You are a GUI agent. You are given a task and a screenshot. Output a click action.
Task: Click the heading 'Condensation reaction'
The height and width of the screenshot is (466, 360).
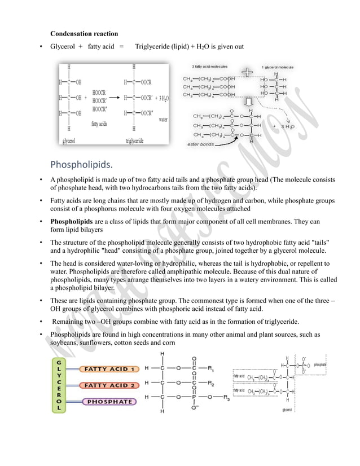(x=84, y=34)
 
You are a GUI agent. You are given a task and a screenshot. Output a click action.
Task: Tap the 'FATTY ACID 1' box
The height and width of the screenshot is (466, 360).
(x=111, y=369)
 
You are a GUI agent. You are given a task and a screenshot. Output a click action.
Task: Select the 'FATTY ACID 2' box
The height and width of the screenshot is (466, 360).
(x=111, y=385)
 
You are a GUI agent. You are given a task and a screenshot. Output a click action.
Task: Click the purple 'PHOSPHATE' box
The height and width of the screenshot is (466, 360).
(x=108, y=402)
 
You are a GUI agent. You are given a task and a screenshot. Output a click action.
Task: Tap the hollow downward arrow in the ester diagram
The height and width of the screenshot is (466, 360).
(x=248, y=105)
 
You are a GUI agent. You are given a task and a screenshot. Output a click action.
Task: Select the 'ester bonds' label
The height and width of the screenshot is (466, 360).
(x=200, y=145)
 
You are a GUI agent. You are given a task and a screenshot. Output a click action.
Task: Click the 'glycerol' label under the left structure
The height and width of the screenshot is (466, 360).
(x=69, y=140)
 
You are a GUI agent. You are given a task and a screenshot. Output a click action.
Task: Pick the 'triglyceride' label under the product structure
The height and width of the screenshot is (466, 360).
(x=134, y=140)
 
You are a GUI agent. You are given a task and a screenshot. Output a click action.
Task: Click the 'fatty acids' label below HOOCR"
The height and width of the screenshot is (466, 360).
(x=99, y=124)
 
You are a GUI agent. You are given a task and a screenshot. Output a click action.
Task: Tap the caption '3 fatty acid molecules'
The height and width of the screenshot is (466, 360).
(x=210, y=66)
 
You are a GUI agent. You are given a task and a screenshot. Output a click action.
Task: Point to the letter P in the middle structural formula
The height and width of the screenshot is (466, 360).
(x=194, y=398)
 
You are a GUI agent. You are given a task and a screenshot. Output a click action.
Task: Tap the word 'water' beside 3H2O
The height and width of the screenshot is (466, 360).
(x=163, y=120)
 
